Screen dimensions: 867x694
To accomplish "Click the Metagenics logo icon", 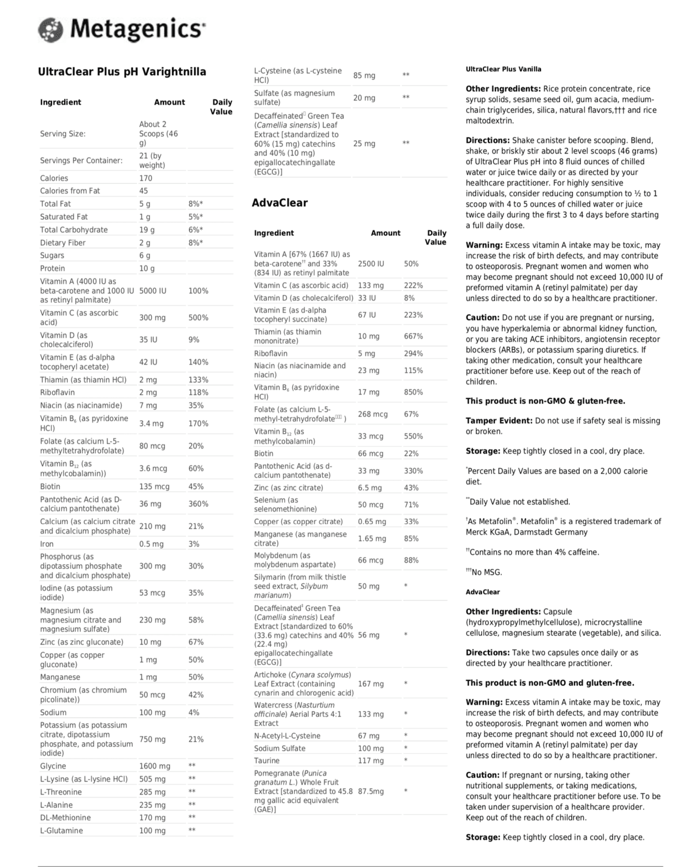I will pyautogui.click(x=50, y=29).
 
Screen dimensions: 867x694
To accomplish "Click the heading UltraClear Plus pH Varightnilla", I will pyautogui.click(x=122, y=72).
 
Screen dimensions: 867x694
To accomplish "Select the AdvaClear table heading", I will pyautogui.click(x=279, y=203).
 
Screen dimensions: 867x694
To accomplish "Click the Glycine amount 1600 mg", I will pyautogui.click(x=154, y=766).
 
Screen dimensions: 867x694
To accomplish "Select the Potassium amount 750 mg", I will pyautogui.click(x=152, y=739).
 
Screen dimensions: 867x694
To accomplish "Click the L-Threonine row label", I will pyautogui.click(x=61, y=792).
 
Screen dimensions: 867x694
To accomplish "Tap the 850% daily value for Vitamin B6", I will pyautogui.click(x=413, y=392).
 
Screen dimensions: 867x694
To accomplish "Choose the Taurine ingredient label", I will pyautogui.click(x=267, y=761).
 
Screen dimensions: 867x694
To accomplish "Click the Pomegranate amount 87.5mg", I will pyautogui.click(x=371, y=791).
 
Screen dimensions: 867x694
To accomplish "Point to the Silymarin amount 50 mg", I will pyautogui.click(x=368, y=586).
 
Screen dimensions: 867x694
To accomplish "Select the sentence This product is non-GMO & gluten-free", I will pyautogui.click(x=545, y=401).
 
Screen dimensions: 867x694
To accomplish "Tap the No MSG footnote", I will pyautogui.click(x=486, y=572).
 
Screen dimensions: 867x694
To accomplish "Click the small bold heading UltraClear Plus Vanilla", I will pyautogui.click(x=503, y=69).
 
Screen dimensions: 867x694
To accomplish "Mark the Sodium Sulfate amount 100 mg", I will pyautogui.click(x=371, y=748).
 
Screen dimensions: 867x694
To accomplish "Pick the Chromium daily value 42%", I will pyautogui.click(x=196, y=695).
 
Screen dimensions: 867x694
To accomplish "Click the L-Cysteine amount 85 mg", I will pyautogui.click(x=364, y=76).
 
